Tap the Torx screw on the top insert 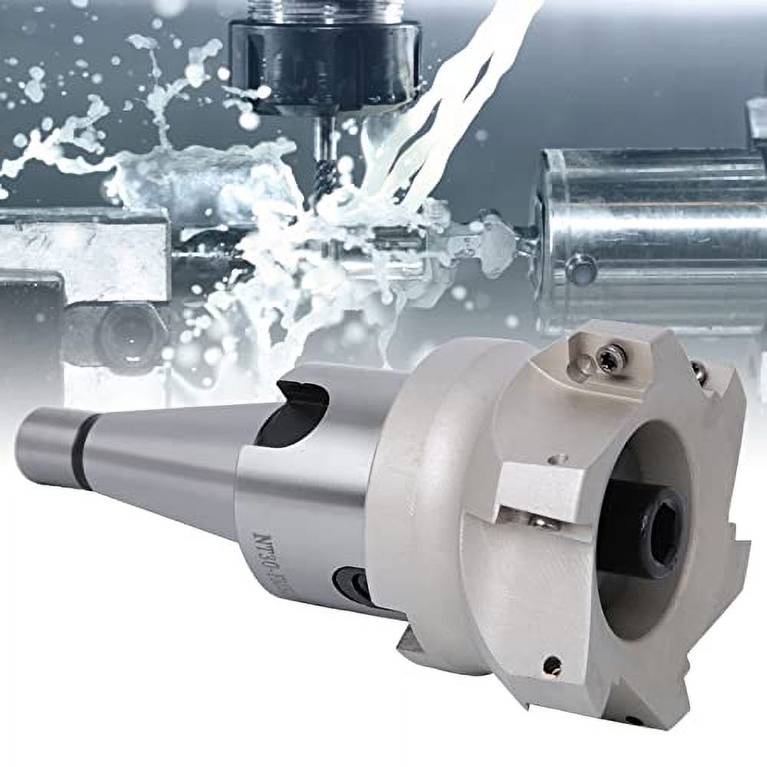coord(611,357)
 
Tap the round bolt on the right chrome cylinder coord(581,270)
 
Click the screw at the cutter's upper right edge coord(699,372)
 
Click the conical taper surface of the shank coord(169,460)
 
